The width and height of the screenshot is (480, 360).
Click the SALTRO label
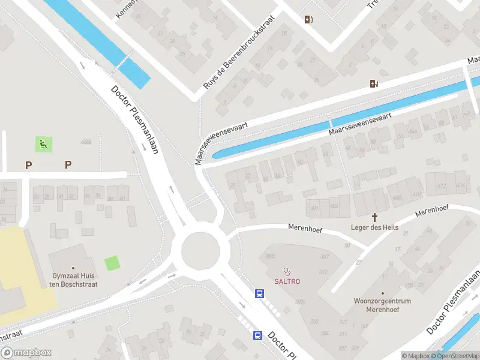[x=287, y=281]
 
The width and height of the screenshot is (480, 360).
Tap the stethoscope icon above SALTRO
[x=287, y=271]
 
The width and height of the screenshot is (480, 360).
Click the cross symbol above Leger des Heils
[x=375, y=217]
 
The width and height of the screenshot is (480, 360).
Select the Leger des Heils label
[x=375, y=227]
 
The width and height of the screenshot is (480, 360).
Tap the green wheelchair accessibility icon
[x=43, y=144]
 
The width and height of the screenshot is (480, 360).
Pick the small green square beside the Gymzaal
[x=112, y=263]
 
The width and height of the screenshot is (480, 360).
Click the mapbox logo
[x=26, y=353]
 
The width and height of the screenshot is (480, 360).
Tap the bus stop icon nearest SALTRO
[x=260, y=294]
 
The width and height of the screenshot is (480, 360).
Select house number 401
[x=314, y=208]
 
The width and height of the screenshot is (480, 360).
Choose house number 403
[x=334, y=206]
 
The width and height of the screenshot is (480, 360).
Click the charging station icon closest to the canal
[x=374, y=84]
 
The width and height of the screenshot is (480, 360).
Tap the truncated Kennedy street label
[x=127, y=8]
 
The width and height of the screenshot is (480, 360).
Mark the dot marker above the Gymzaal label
[x=74, y=268]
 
